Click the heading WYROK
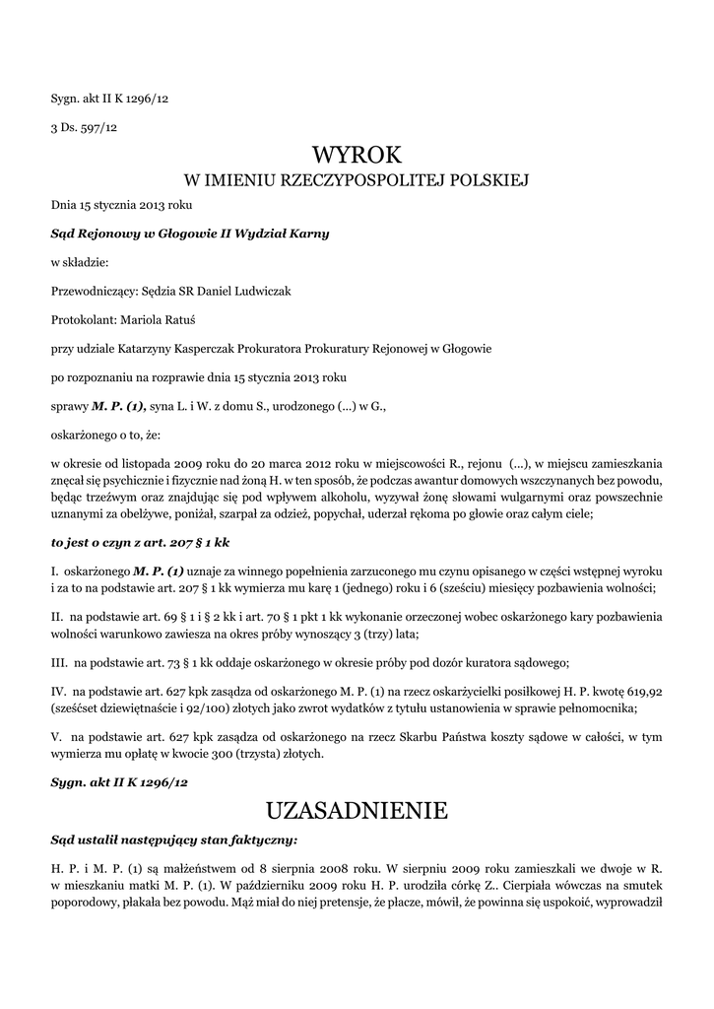(357, 155)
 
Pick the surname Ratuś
(201, 319)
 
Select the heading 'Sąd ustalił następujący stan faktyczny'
(173, 841)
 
